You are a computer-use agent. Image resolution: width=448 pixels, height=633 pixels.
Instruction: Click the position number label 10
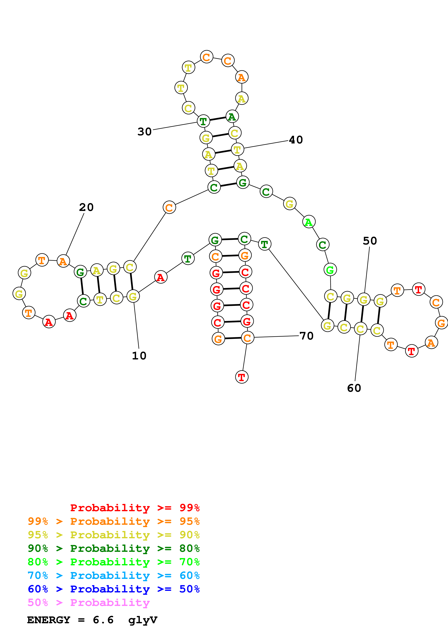tap(139, 356)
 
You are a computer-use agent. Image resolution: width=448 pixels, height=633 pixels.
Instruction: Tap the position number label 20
tap(86, 207)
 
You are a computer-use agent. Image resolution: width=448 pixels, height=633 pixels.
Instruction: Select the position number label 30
tap(145, 132)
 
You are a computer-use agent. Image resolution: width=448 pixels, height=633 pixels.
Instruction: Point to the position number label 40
tap(296, 140)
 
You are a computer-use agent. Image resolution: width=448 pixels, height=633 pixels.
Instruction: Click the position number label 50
tap(370, 241)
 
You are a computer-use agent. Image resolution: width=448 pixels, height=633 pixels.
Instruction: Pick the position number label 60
tap(354, 388)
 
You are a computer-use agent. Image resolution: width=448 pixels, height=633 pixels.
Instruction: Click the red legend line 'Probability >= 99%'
tap(135, 508)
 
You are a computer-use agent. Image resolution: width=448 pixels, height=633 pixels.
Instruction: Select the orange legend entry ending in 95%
tap(114, 521)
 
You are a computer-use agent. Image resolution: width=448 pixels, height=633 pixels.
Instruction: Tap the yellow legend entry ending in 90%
tap(114, 535)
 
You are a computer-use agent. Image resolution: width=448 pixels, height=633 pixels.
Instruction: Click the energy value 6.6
tap(103, 620)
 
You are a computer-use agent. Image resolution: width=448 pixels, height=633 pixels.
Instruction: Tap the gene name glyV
tap(143, 620)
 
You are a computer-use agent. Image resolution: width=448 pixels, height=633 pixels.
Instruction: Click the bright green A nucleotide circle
tap(309, 222)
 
